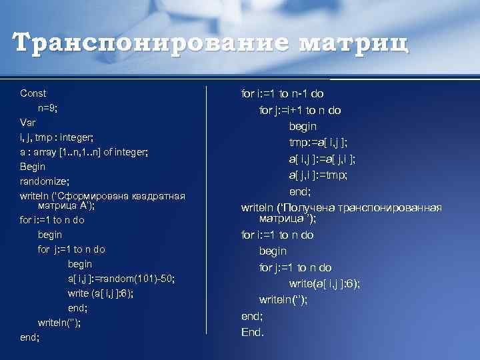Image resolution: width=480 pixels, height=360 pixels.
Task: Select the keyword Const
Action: (33, 93)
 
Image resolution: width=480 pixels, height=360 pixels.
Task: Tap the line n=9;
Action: (51, 108)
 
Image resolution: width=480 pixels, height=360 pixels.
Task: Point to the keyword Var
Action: (28, 123)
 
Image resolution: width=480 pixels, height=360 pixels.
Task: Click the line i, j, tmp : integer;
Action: (60, 137)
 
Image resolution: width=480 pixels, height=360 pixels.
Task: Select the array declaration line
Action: (83, 152)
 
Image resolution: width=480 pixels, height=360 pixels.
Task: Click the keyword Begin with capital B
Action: (33, 167)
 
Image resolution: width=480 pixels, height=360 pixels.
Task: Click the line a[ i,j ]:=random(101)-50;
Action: (121, 279)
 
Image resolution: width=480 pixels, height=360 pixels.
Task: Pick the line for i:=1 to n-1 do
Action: (291, 94)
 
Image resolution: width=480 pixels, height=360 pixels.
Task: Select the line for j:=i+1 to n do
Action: (300, 110)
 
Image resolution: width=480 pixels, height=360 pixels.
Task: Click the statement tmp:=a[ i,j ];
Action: (318, 142)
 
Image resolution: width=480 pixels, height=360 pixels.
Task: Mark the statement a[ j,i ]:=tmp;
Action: (318, 175)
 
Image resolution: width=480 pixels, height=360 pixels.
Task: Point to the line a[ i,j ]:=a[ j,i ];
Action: (322, 159)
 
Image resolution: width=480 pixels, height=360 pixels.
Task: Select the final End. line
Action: (253, 331)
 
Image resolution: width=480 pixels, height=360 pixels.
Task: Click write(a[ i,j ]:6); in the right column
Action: (325, 283)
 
